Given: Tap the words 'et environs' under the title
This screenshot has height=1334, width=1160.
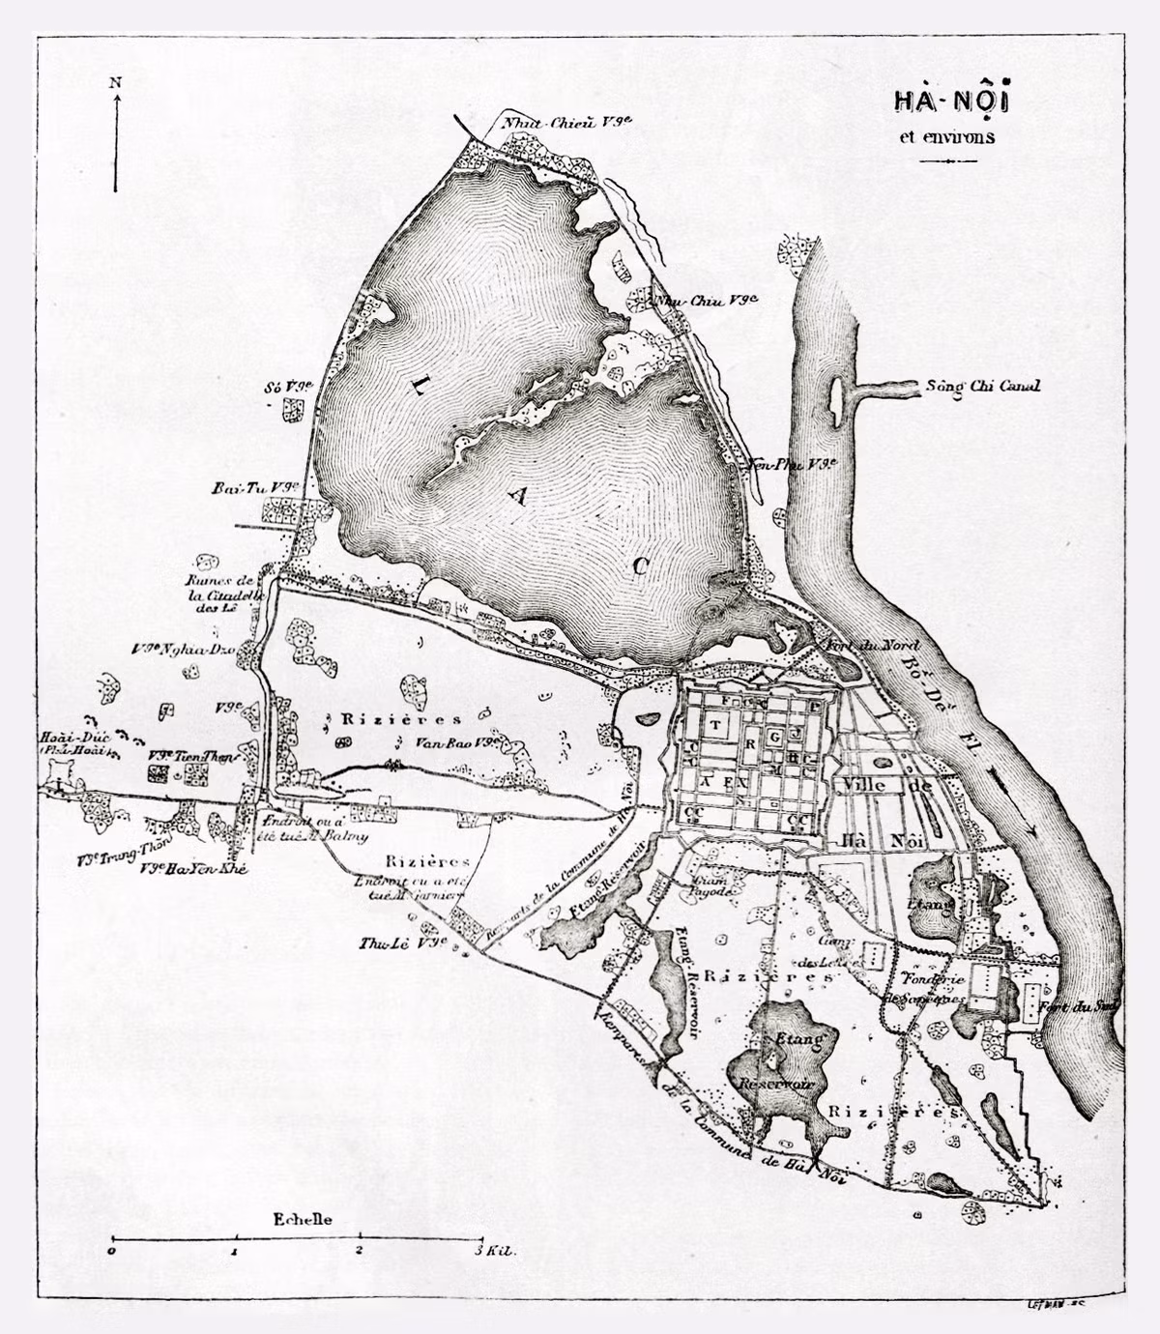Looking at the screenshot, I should [946, 136].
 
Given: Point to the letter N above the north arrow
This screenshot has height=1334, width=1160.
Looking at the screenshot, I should [115, 82].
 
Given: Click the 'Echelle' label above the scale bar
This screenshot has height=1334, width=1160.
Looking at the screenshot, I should [303, 1219].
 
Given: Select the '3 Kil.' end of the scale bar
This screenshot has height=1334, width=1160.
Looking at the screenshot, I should [494, 1250].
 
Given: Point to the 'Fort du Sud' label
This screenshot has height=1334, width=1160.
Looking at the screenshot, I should [1081, 1007].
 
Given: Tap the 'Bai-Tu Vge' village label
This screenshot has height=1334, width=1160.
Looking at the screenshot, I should [253, 489].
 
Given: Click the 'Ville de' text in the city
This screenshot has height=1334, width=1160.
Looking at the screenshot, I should [885, 786].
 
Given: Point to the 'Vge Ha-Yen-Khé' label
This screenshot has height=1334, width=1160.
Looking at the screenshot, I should [194, 869].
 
